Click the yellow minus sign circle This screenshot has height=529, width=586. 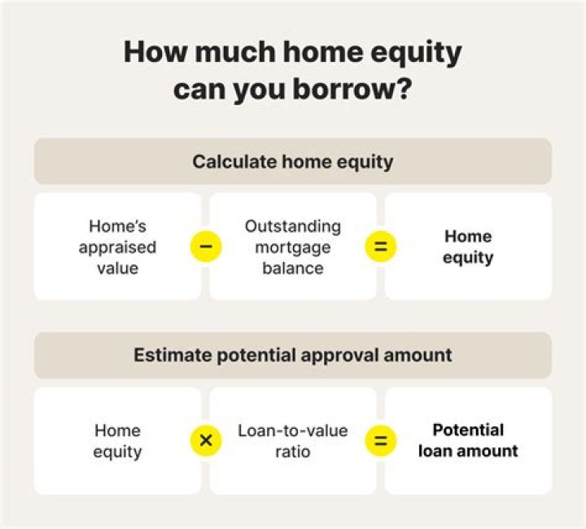coord(205,247)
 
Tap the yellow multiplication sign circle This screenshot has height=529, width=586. coord(205,440)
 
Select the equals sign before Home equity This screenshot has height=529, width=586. coord(380,247)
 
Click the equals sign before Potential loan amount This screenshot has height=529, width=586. coord(380,440)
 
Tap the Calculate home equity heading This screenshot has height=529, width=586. coord(292,161)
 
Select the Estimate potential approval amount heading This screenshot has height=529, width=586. coord(292,355)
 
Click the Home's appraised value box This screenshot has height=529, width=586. coord(117,247)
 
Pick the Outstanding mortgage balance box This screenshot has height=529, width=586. coord(292,247)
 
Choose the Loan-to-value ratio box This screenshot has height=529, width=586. coord(292,440)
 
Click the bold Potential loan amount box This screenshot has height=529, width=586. coord(468,440)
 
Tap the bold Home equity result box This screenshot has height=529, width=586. coord(468,247)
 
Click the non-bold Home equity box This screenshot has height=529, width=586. coord(117,440)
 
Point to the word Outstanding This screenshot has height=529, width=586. coord(292,226)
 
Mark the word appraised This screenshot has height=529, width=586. coord(117,247)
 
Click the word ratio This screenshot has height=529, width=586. coord(292,451)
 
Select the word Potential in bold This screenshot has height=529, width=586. coord(468,430)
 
